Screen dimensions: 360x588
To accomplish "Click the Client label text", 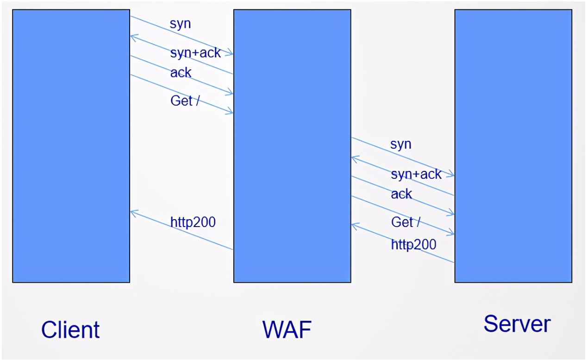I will pyautogui.click(x=70, y=329).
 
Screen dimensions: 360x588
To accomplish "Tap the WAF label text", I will pyautogui.click(x=287, y=329).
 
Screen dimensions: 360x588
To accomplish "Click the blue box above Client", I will pyautogui.click(x=71, y=146).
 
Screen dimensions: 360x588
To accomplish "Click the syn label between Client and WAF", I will pyautogui.click(x=180, y=25).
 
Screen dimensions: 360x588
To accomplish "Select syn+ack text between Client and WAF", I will pyautogui.click(x=195, y=53).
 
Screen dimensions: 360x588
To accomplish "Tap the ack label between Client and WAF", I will pyautogui.click(x=181, y=72).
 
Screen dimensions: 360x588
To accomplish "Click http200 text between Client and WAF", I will pyautogui.click(x=193, y=222).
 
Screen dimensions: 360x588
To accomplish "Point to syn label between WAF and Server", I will pyautogui.click(x=400, y=144).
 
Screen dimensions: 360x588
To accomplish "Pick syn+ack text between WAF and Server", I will pyautogui.click(x=416, y=174).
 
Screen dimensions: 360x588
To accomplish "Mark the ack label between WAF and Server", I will pyautogui.click(x=401, y=194).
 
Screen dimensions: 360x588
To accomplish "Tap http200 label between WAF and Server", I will pyautogui.click(x=413, y=244).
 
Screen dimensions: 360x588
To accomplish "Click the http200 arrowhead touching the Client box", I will pyautogui.click(x=133, y=212).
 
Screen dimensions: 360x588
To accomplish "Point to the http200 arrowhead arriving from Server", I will pyautogui.click(x=354, y=226).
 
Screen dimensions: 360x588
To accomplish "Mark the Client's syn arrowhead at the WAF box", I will pyautogui.click(x=230, y=54).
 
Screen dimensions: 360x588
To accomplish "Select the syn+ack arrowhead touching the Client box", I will pyautogui.click(x=133, y=36).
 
